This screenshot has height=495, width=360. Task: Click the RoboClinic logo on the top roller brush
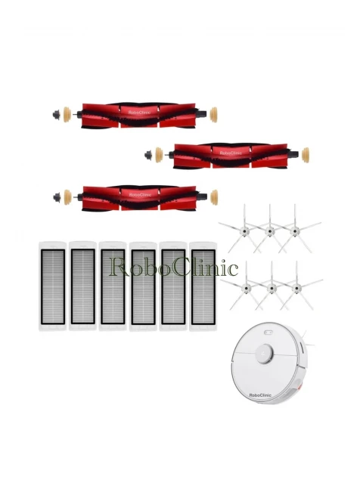[x=139, y=113]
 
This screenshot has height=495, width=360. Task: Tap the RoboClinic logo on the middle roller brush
[x=231, y=153]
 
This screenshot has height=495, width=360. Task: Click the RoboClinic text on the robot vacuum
[x=260, y=395]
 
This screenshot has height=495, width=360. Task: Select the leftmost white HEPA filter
[x=52, y=286]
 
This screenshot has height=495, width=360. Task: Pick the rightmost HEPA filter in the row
[x=203, y=286]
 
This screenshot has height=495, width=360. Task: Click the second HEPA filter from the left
[x=82, y=286]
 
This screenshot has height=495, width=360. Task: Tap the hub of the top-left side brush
[x=244, y=232]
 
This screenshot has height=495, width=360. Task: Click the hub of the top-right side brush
[x=295, y=232]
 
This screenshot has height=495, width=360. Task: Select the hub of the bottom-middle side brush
[x=272, y=288]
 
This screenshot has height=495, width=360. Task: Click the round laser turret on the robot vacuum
[x=265, y=353]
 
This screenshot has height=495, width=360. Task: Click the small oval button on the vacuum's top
[x=268, y=333]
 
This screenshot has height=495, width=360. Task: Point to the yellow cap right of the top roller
[x=214, y=115]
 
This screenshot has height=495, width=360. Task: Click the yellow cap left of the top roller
[x=67, y=114]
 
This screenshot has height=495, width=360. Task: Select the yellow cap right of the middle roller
[x=306, y=156]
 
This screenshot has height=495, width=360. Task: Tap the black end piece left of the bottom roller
[x=57, y=197]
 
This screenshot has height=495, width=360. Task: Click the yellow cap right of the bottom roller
[x=214, y=197]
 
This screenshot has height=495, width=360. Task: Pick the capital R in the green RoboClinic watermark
[x=119, y=268]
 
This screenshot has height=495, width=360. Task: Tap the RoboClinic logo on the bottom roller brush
[x=140, y=195]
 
